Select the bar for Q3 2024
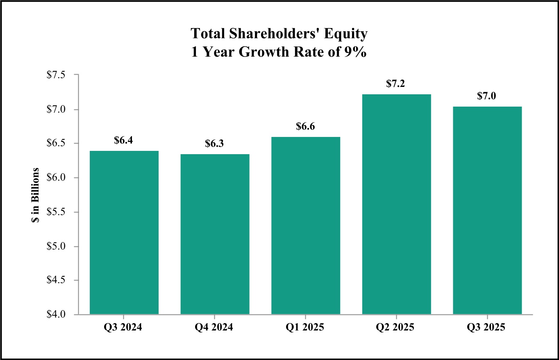[x=124, y=232]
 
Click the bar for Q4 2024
[x=215, y=234]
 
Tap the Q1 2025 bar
[x=306, y=226]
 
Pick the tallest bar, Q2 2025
[x=397, y=204]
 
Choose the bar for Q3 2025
[x=487, y=210]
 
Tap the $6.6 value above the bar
[x=306, y=126]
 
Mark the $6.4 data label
[x=124, y=140]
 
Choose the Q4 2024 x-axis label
[x=215, y=328]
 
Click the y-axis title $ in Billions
[x=36, y=195]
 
